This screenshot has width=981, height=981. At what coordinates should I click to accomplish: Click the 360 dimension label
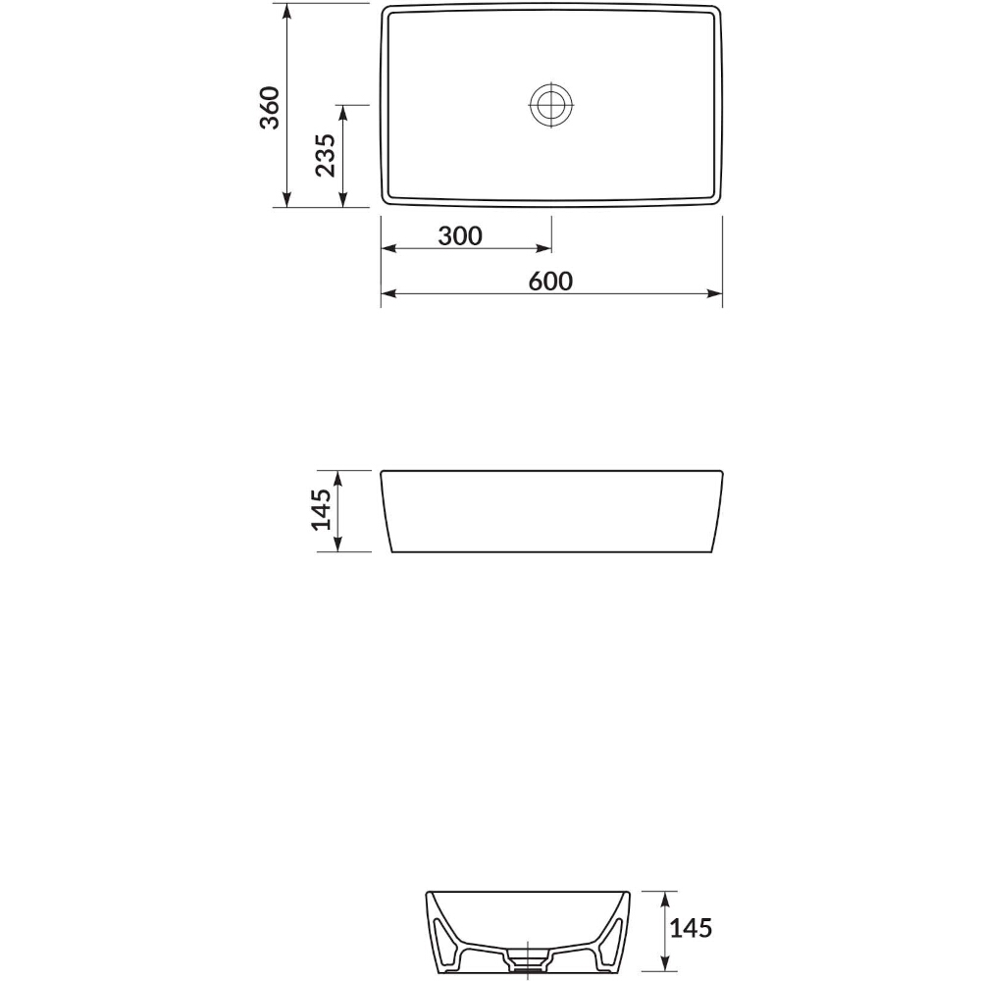pos(270,108)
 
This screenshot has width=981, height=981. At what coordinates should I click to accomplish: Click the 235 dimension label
pos(326,155)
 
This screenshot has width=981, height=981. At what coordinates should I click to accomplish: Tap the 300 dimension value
pos(460,235)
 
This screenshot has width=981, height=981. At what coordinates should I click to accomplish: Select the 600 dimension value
pos(550,281)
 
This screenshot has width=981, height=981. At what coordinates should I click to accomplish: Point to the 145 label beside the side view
pos(321,509)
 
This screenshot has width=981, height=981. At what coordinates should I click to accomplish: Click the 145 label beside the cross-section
pos(691,928)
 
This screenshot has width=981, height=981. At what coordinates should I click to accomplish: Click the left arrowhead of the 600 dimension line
pos(388,293)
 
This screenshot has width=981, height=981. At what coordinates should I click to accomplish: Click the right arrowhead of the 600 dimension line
pos(714,293)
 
